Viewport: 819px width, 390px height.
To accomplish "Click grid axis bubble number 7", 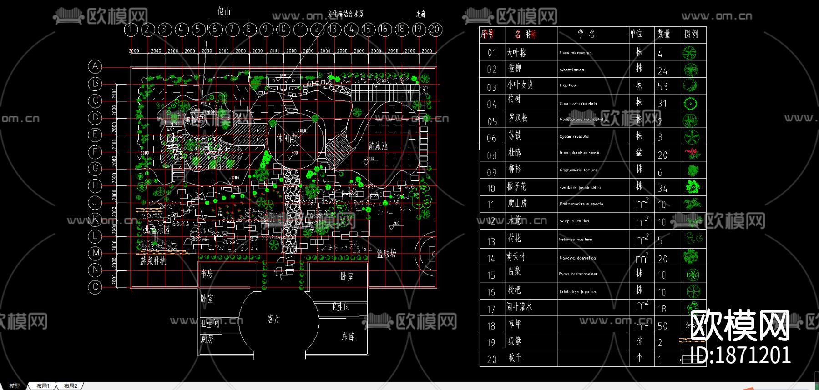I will tap(232, 30).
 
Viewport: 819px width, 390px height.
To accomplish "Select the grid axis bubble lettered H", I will tap(95, 185).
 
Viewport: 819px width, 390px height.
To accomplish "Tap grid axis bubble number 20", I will tap(435, 30).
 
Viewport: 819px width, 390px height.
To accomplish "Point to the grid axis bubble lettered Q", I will tap(95, 287).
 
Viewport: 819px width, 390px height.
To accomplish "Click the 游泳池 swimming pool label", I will tap(378, 146).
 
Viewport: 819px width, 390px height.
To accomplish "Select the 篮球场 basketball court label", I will tap(386, 254).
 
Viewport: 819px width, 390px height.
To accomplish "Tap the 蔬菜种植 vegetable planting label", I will tap(153, 261).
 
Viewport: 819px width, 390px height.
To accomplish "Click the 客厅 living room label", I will tap(274, 319).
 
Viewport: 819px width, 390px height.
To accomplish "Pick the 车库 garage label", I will tap(348, 336).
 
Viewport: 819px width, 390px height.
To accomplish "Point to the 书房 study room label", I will tap(207, 273).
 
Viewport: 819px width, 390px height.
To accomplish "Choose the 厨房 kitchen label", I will tap(207, 339).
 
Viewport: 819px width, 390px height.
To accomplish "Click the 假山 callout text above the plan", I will tap(224, 11).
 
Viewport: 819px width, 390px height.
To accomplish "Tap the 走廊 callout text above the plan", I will tap(420, 14).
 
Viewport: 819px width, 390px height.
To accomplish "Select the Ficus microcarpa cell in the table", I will tap(576, 53).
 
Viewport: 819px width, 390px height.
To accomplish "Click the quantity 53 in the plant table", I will tap(662, 86).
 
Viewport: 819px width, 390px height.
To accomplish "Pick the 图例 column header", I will tap(691, 34).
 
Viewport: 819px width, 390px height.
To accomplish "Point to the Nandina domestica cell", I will tap(577, 258).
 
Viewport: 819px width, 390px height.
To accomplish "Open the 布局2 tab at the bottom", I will tap(71, 386).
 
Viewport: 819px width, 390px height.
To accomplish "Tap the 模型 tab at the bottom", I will tap(15, 386).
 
